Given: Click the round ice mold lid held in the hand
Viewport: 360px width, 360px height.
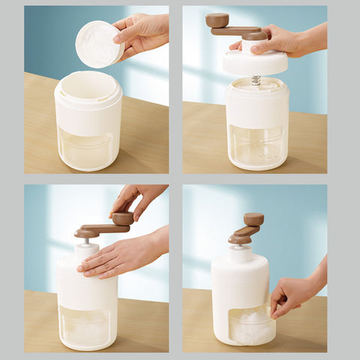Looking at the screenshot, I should (x=97, y=43).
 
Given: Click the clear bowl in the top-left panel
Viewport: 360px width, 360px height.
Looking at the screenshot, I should (x=88, y=148).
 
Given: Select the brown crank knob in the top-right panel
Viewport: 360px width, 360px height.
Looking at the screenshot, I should (x=217, y=19).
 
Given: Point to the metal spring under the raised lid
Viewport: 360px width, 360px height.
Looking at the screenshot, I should (x=256, y=79).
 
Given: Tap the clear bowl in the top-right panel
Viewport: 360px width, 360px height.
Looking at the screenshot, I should (x=257, y=146).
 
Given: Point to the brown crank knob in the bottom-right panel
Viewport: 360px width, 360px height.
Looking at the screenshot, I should (x=253, y=219).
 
